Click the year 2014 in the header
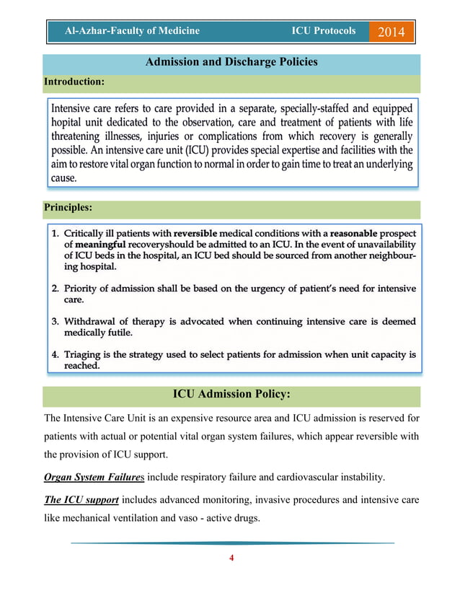point(391,32)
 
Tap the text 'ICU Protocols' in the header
point(323,31)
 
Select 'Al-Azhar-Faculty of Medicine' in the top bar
point(132,31)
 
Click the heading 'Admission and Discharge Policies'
point(231,62)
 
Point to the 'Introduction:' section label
point(74,82)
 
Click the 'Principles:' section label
point(68,207)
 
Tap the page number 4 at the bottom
point(231,558)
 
